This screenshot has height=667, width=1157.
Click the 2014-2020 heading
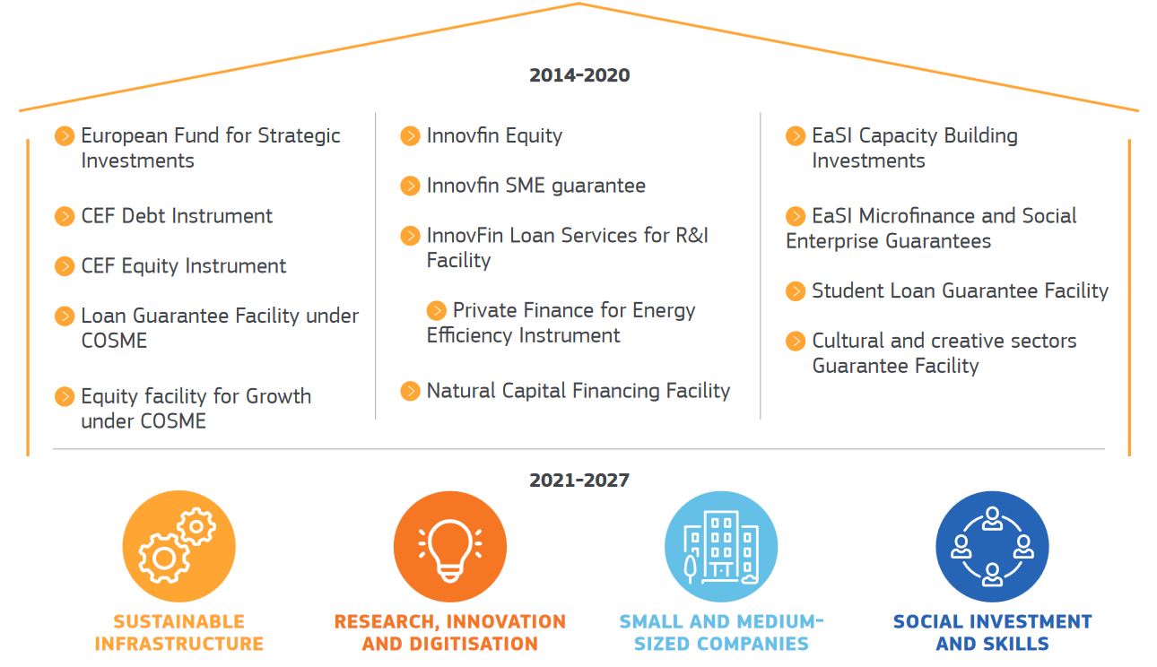pos(579,75)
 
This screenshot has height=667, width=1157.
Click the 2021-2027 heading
pos(579,481)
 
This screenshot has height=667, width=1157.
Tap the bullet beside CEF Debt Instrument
pos(65,216)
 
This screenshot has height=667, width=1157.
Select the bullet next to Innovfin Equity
pos(410,136)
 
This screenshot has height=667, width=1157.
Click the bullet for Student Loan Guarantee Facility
pos(796,291)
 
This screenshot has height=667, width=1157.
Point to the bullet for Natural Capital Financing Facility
pos(410,391)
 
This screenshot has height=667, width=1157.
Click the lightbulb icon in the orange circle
pos(450,550)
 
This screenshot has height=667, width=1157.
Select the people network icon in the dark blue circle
pos(992,547)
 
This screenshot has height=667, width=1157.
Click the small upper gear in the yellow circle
pos(196,526)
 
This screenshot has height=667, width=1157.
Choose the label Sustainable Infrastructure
pos(179,632)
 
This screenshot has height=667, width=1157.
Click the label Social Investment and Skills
pos(992,632)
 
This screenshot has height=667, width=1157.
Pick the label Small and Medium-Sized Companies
pos(721,632)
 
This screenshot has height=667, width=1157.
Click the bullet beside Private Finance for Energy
pos(437,311)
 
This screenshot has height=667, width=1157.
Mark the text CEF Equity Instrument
pos(183,266)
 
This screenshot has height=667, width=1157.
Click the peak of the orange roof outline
pos(578,4)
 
